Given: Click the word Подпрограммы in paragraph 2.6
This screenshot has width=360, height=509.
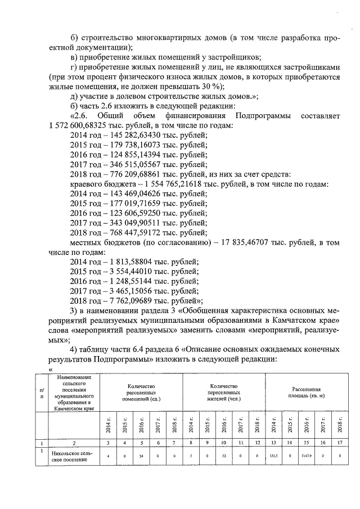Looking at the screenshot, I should (263, 116).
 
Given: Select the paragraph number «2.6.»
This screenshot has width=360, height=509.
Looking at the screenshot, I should (80, 116).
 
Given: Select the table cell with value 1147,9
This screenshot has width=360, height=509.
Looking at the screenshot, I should (307, 457).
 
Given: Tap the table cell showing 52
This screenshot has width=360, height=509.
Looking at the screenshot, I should (224, 457).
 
